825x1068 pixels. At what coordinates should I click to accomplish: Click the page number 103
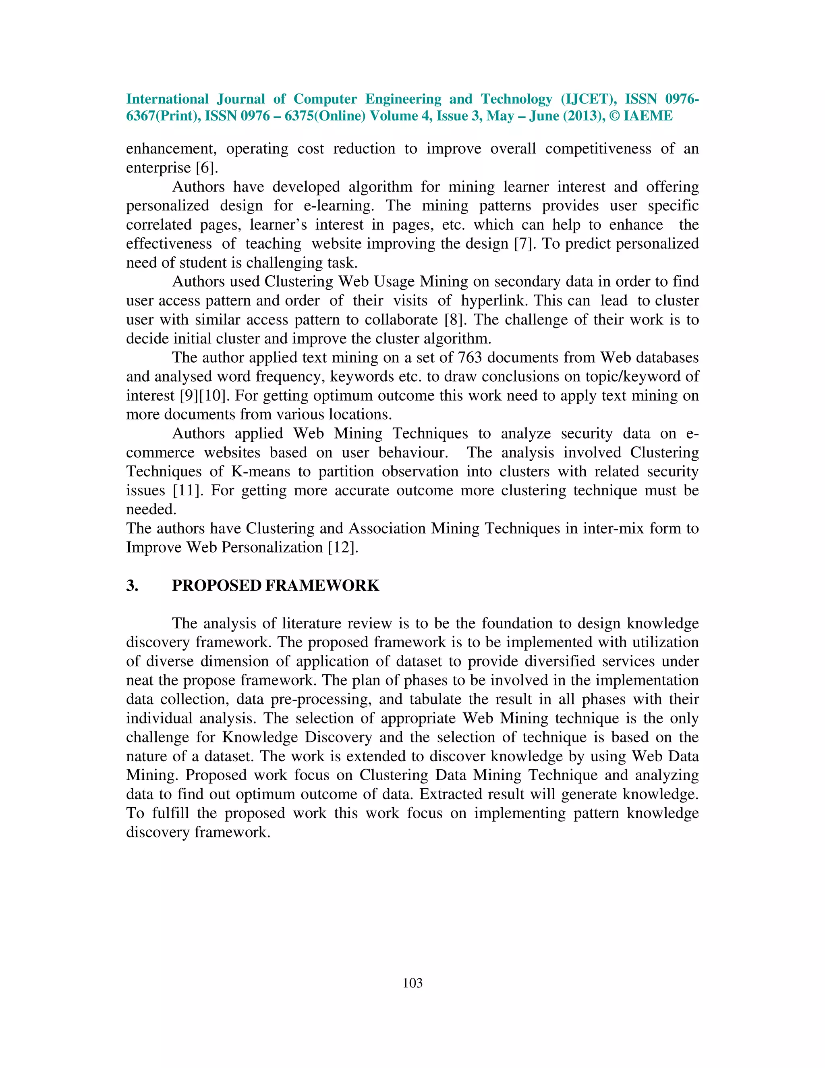[x=412, y=983]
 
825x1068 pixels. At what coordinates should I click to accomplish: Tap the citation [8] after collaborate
[x=456, y=320]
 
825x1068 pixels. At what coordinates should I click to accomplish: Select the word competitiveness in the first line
[x=598, y=149]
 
